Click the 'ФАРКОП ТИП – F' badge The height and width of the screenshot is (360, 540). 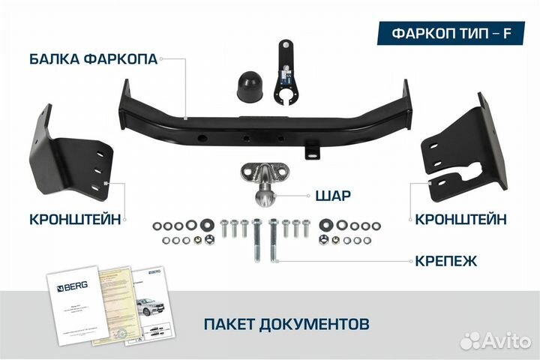(x=448, y=34)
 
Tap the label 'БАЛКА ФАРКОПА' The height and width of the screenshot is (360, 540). (x=94, y=59)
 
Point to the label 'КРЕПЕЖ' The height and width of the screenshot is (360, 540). (x=448, y=261)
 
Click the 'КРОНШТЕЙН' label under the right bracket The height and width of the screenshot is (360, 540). (x=459, y=220)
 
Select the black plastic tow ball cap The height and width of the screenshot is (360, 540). (x=247, y=87)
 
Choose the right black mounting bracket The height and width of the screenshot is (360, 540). (x=462, y=147)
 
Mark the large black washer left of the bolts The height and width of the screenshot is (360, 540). (x=205, y=224)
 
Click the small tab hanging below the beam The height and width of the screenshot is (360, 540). (x=310, y=150)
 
